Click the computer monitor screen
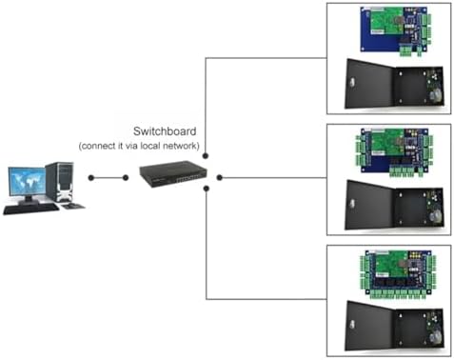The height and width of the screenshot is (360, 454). click(26, 182)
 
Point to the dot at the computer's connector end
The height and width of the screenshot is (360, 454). click(90, 177)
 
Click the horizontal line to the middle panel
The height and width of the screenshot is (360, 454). click(276, 177)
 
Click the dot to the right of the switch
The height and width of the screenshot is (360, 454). click(220, 177)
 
